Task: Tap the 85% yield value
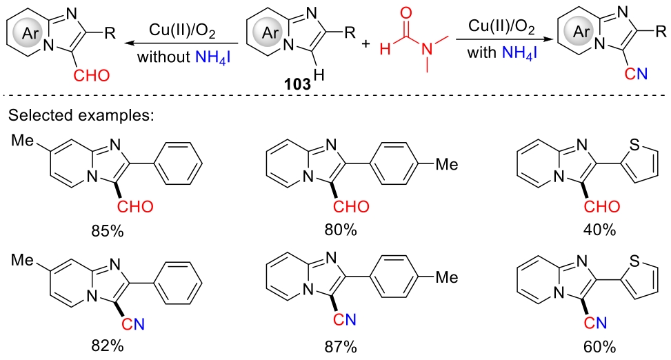coord(108,230)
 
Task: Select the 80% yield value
coord(342,230)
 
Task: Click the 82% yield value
coord(108,346)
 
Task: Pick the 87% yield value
coord(342,346)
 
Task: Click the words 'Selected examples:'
coord(80,115)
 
